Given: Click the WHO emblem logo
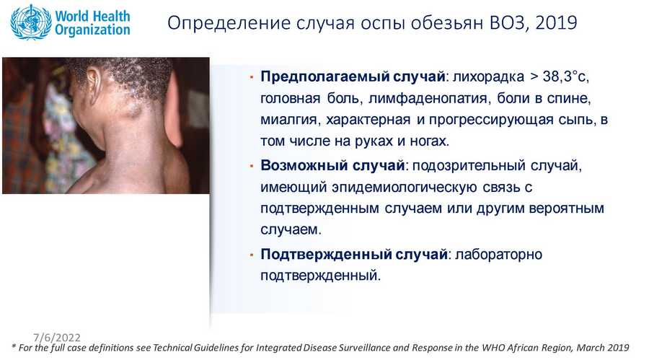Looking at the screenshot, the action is tap(31, 22).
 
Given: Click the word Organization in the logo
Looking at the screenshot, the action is tap(92, 30).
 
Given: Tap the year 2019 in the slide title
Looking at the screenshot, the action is tap(556, 22).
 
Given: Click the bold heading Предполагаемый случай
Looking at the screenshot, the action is tap(353, 76).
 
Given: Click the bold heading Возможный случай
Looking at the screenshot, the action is tap(332, 165).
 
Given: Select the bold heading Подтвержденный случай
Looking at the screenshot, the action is tap(354, 254).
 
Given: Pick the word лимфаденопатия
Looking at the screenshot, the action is tap(428, 98).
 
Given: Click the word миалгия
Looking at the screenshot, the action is tap(290, 120).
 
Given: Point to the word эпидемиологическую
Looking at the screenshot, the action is tap(404, 188).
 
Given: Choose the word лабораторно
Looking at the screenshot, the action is tap(499, 255).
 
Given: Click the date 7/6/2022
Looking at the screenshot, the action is tap(57, 338).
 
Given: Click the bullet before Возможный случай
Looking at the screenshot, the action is tap(251, 166).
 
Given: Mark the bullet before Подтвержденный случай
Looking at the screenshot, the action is tap(251, 255).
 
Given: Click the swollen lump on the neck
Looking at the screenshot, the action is tap(133, 108).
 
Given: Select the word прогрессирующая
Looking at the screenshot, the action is tap(491, 120).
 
